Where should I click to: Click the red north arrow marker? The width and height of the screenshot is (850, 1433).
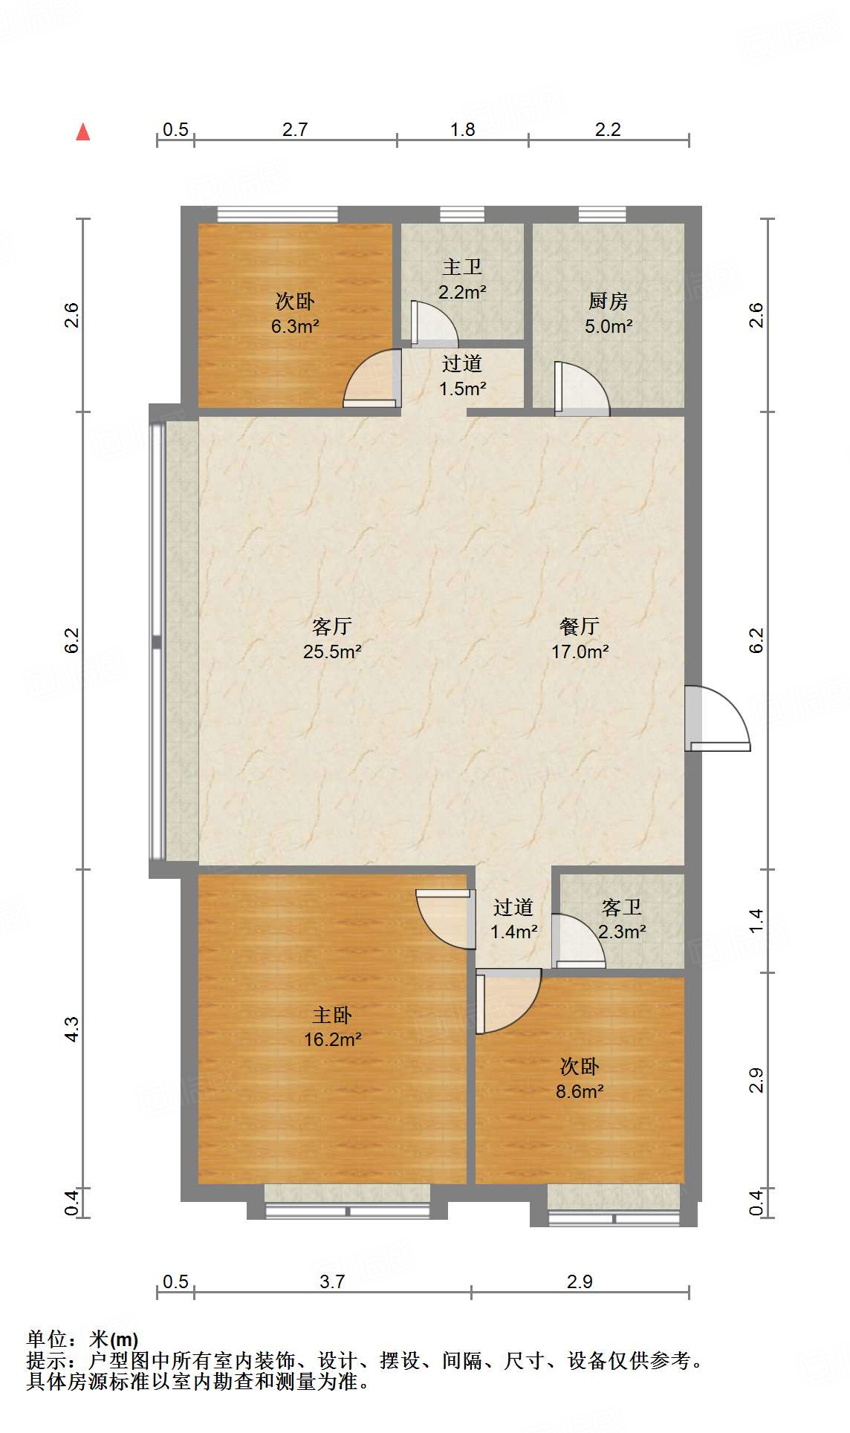[83, 132]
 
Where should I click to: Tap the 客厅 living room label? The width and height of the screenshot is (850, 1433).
[331, 626]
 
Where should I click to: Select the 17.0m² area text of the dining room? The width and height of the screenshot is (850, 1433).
[580, 651]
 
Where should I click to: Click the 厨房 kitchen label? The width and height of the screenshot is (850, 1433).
[608, 301]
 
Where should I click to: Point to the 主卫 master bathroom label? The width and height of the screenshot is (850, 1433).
[462, 267]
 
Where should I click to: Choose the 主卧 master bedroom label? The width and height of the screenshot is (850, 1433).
[331, 1015]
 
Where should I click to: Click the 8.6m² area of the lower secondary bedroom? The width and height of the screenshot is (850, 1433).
[580, 1091]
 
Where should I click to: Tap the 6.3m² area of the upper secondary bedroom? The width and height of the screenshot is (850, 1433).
[295, 326]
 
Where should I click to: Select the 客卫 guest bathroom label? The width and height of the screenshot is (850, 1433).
[621, 907]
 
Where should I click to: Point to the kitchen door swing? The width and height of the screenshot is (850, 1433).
[582, 389]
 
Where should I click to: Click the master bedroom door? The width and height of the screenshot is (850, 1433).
[446, 919]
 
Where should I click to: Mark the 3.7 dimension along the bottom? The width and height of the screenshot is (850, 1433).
[332, 1281]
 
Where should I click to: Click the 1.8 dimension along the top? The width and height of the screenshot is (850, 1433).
[462, 129]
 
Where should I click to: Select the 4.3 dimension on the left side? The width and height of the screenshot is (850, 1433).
[71, 1029]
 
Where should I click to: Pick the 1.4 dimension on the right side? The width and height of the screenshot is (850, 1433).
[756, 921]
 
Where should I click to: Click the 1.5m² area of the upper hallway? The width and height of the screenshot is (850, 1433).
[462, 389]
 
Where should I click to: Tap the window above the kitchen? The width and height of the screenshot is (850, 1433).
[602, 215]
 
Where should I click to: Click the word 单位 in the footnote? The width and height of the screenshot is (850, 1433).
[46, 1339]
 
